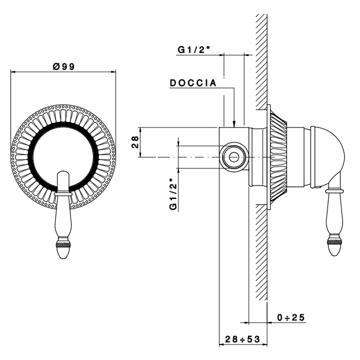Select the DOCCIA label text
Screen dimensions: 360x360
pyautogui.click(x=193, y=83)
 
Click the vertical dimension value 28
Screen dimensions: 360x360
pyautogui.click(x=135, y=142)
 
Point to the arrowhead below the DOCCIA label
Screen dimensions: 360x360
pyautogui.click(x=235, y=122)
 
